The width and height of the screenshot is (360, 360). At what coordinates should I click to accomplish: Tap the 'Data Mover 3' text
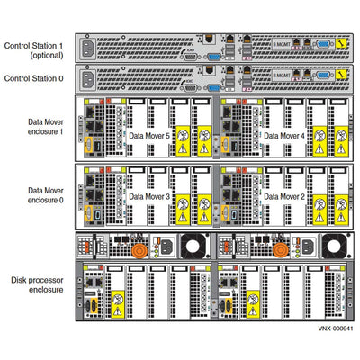click(154, 195)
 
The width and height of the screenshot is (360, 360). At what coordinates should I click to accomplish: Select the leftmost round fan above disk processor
click(192, 246)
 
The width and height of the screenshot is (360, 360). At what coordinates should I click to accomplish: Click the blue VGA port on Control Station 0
click(213, 87)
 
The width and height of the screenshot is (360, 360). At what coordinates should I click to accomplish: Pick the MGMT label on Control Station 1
click(259, 42)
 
